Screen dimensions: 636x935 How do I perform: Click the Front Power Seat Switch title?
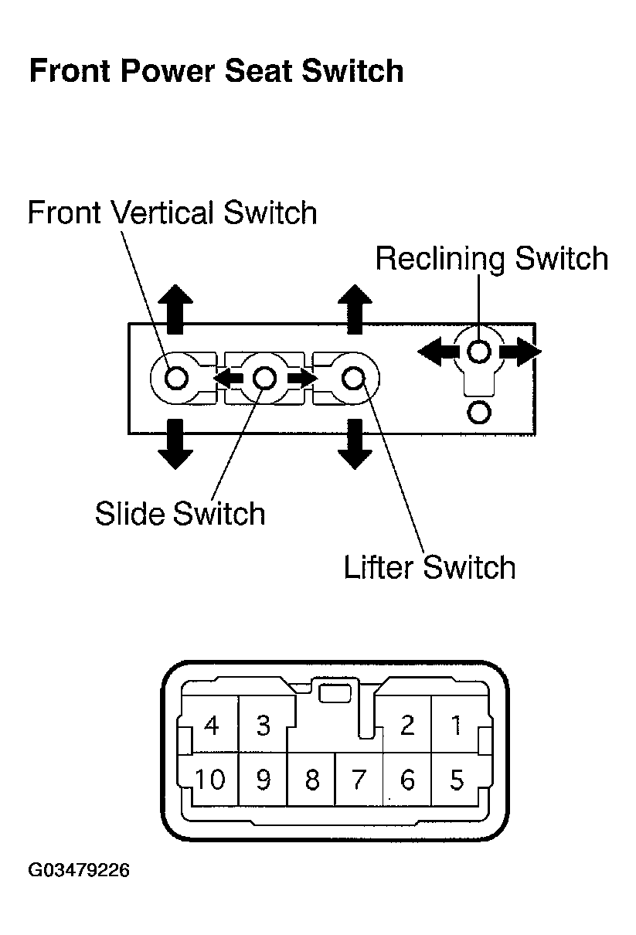[x=216, y=71]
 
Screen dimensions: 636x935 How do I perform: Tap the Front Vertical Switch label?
[x=172, y=212]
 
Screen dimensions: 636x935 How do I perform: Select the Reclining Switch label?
[x=492, y=259]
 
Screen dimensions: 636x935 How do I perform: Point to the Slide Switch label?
[x=180, y=513]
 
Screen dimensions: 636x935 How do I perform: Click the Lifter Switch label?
[x=430, y=567]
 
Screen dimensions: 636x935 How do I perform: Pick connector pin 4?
[x=211, y=725]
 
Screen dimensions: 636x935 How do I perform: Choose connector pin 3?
[x=263, y=725]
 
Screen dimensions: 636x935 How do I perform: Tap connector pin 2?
[x=407, y=725]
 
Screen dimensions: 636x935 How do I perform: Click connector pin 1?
[x=457, y=725]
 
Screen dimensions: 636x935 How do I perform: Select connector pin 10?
[x=210, y=780]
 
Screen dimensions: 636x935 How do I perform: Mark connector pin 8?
[x=312, y=780]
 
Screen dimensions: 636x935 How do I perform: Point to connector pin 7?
[x=359, y=780]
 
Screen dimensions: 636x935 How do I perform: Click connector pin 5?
[x=457, y=780]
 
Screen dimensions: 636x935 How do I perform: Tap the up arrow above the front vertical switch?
[x=175, y=309]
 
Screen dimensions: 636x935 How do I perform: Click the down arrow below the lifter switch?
[x=355, y=444]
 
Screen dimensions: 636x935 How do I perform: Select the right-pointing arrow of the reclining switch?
[x=520, y=352]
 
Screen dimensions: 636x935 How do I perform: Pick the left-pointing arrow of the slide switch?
[x=228, y=378]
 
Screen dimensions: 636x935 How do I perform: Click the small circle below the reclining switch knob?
[x=478, y=413]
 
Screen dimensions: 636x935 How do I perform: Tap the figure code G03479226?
[x=79, y=870]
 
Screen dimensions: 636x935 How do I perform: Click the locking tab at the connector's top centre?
[x=335, y=694]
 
